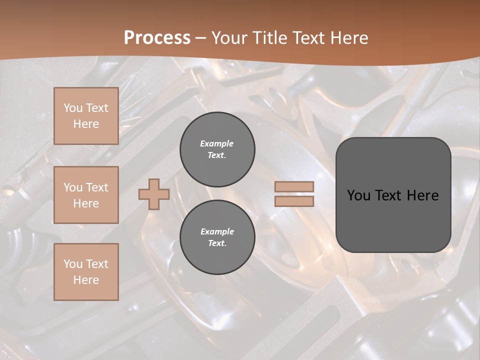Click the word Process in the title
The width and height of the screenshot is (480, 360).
pos(157,38)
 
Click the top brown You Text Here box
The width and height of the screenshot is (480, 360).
pos(86,116)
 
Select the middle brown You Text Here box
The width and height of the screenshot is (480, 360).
pos(86,195)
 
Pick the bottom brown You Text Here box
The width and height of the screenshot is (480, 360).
pos(86,272)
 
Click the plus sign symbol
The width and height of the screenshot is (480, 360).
pos(154,194)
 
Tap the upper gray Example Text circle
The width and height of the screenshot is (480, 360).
pos(217,149)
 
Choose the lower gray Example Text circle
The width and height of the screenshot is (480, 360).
pos(217,237)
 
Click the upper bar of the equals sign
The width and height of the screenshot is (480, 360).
pos(294,187)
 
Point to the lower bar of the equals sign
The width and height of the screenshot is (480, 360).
pos(294,201)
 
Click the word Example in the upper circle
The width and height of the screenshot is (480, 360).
pos(217,143)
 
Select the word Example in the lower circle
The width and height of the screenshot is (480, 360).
pos(217,231)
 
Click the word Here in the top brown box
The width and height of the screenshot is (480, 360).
pos(86,124)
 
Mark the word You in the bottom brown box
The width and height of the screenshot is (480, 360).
pos(73,264)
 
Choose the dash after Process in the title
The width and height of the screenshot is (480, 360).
pos(201,38)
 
